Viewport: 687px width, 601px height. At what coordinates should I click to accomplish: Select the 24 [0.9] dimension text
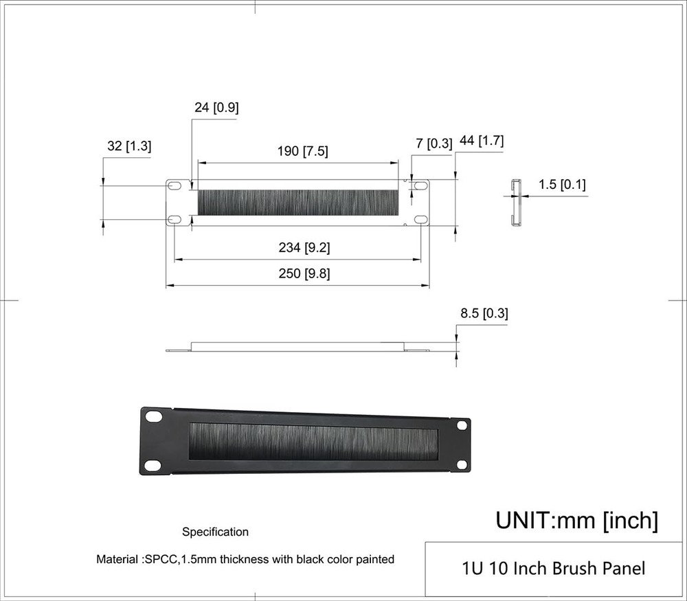coord(216,107)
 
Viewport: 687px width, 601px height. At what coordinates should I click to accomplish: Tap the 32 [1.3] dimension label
coord(129,146)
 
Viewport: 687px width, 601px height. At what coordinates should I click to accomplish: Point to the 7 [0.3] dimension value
coord(434,144)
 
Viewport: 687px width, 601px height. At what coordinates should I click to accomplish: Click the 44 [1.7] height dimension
coord(482,141)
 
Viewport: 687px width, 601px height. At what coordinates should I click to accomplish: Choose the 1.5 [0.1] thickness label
coord(562,184)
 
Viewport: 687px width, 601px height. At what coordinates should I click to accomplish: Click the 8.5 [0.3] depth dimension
coord(484,314)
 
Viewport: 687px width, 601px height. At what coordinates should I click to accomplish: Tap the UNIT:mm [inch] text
coord(576,520)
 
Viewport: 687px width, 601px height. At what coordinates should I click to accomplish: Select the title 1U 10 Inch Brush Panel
coord(554,569)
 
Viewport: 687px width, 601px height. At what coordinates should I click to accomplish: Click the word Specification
coord(215,532)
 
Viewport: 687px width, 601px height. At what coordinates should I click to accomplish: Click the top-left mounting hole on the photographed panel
coord(153,417)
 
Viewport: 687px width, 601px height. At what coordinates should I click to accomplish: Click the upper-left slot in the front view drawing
coord(175,186)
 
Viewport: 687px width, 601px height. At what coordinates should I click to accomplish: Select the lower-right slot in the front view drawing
coord(420,219)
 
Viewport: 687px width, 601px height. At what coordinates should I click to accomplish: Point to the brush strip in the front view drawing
coord(297,202)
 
